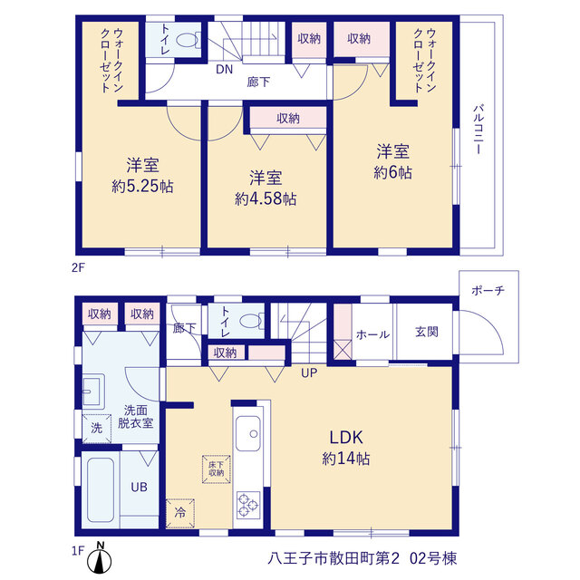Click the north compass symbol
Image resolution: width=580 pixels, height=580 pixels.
(x=99, y=558)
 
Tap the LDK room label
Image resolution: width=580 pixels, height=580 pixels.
(x=346, y=437)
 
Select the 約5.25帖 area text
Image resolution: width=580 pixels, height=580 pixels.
(x=142, y=186)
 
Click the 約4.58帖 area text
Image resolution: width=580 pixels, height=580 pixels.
(x=266, y=199)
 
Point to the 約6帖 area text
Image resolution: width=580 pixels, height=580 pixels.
(x=392, y=172)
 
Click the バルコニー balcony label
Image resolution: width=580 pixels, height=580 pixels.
(x=478, y=129)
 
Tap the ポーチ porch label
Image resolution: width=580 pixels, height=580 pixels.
(x=488, y=290)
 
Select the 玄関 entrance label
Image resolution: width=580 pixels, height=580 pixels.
(x=427, y=332)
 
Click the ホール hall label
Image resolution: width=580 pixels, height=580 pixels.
(x=372, y=334)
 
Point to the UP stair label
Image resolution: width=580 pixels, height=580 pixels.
(x=309, y=372)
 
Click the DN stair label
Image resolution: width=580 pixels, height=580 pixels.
(x=224, y=69)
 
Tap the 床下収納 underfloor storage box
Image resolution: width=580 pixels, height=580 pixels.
(x=217, y=469)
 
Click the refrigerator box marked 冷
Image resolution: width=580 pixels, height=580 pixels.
(x=180, y=513)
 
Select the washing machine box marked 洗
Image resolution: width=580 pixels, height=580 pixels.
(x=97, y=429)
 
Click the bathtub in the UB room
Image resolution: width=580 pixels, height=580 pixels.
(x=101, y=490)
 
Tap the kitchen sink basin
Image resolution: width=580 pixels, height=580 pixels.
(x=247, y=433)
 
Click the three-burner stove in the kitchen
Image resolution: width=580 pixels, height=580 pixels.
(x=248, y=506)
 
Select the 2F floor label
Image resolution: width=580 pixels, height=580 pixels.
(x=78, y=267)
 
